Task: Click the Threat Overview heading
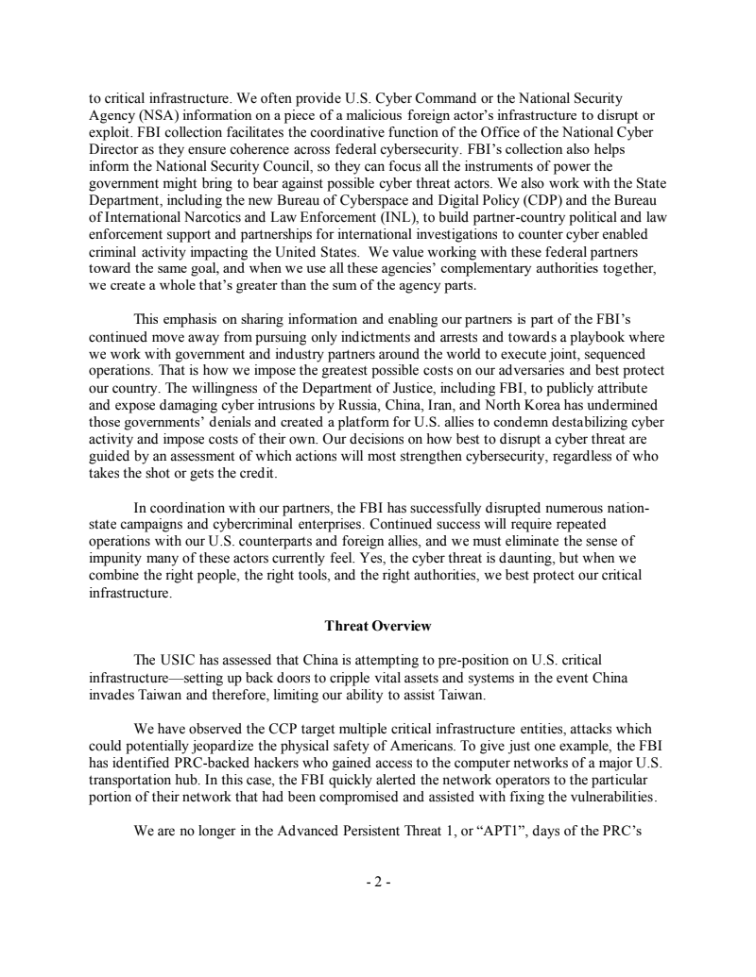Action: click(378, 626)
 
